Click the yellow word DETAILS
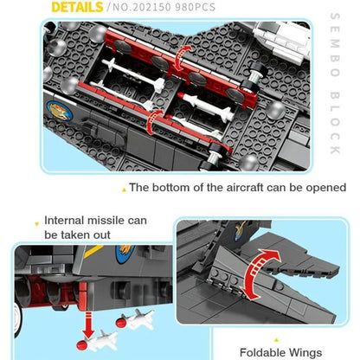(x=77, y=7)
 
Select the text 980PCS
(x=195, y=7)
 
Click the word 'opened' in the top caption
(x=326, y=188)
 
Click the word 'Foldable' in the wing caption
(x=263, y=352)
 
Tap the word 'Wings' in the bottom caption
(x=305, y=353)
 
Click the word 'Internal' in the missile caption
(x=64, y=221)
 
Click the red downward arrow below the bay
(x=88, y=325)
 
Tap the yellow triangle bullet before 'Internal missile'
(x=37, y=224)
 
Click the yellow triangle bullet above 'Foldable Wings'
(x=276, y=340)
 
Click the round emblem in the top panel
(x=60, y=111)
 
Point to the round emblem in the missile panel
(x=125, y=254)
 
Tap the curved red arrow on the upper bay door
(x=182, y=57)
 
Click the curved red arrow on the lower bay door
(x=154, y=122)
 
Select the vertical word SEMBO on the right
(x=335, y=45)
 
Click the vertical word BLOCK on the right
(x=335, y=123)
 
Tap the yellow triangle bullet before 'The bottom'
(x=124, y=190)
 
